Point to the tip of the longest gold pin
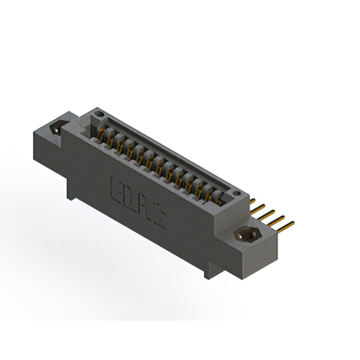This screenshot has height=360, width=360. tap(292, 223)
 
